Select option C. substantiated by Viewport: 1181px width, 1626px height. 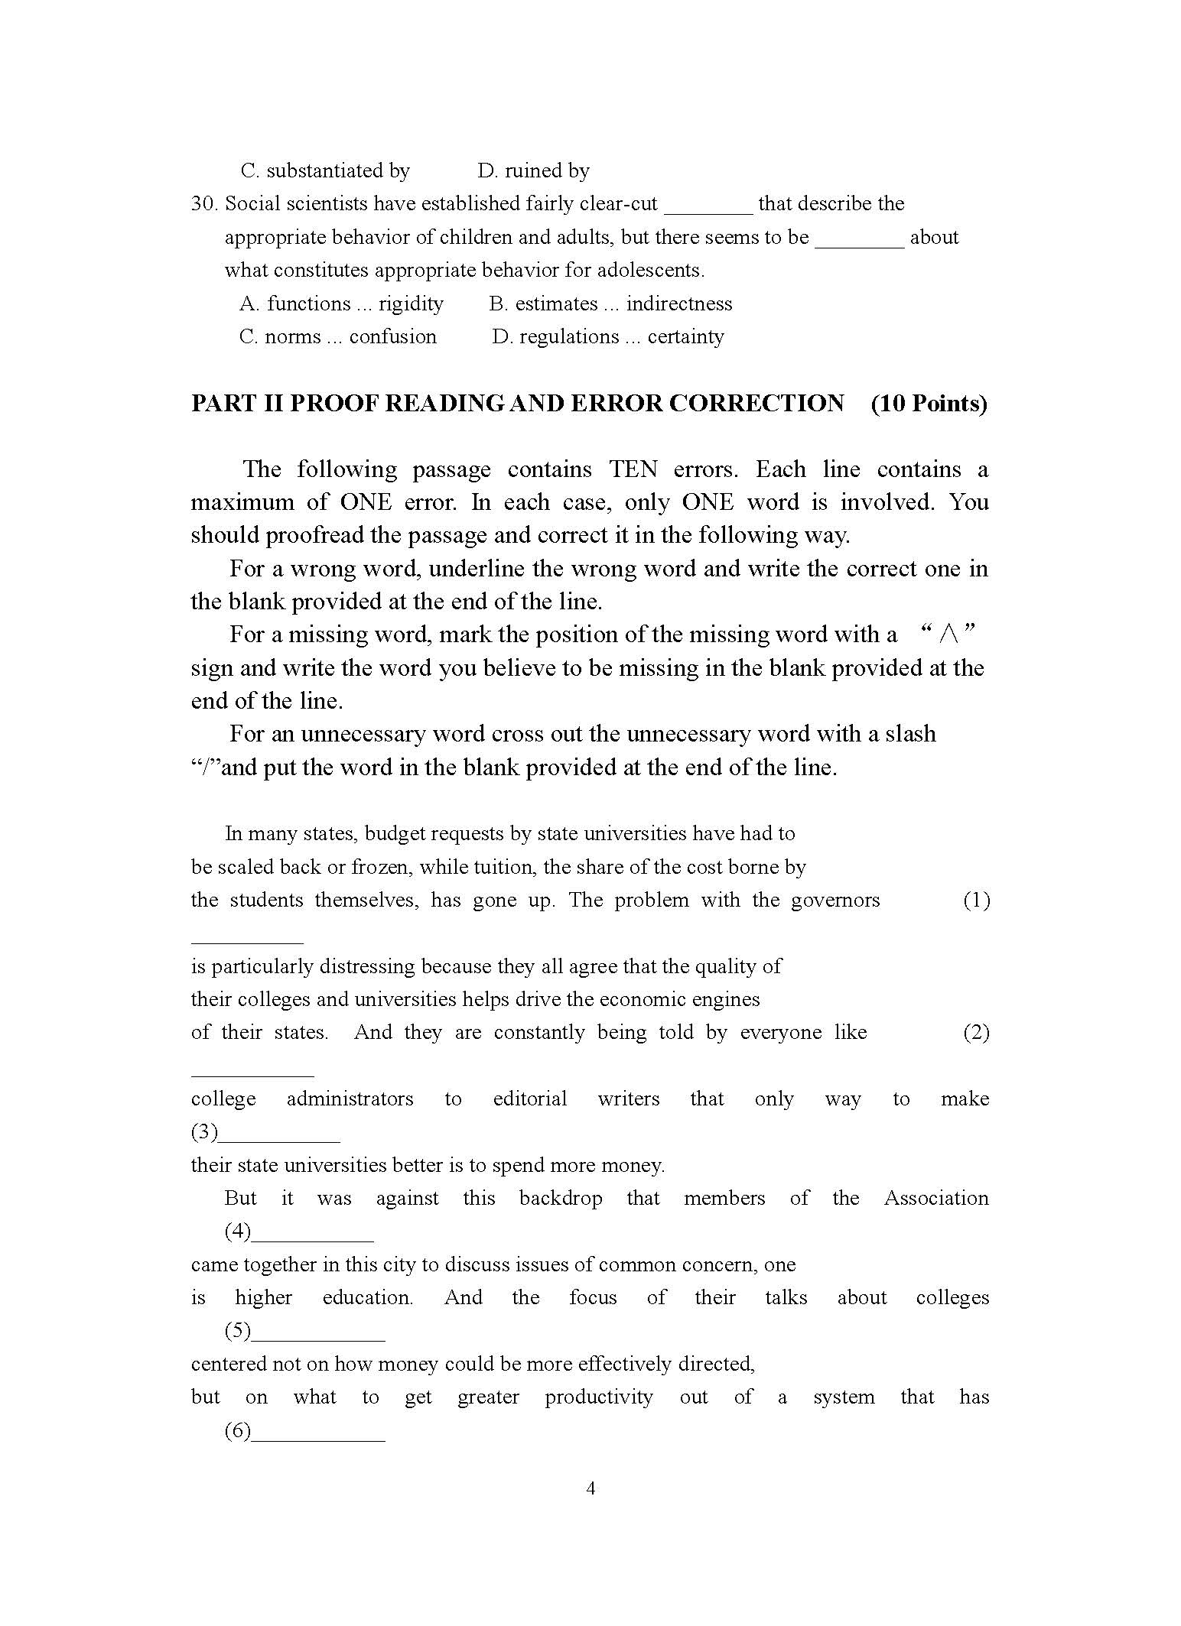[x=325, y=170]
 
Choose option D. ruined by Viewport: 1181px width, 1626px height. [x=533, y=170]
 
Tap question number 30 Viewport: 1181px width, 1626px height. [x=204, y=204]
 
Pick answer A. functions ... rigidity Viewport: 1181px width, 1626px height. [x=341, y=303]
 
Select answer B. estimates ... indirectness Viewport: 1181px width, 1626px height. [x=610, y=303]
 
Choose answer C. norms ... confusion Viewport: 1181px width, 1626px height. [x=337, y=336]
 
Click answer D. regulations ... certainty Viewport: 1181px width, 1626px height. [x=607, y=336]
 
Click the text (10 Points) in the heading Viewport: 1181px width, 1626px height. [x=929, y=403]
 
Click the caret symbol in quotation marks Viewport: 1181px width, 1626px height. [x=949, y=634]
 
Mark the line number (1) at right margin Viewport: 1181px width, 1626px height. [x=976, y=900]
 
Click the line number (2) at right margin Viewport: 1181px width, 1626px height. [x=976, y=1032]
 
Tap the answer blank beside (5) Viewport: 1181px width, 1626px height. [x=317, y=1332]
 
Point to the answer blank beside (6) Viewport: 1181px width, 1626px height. [x=317, y=1431]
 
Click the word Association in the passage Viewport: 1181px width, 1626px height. [x=935, y=1198]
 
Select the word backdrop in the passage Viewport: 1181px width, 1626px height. [x=561, y=1198]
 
